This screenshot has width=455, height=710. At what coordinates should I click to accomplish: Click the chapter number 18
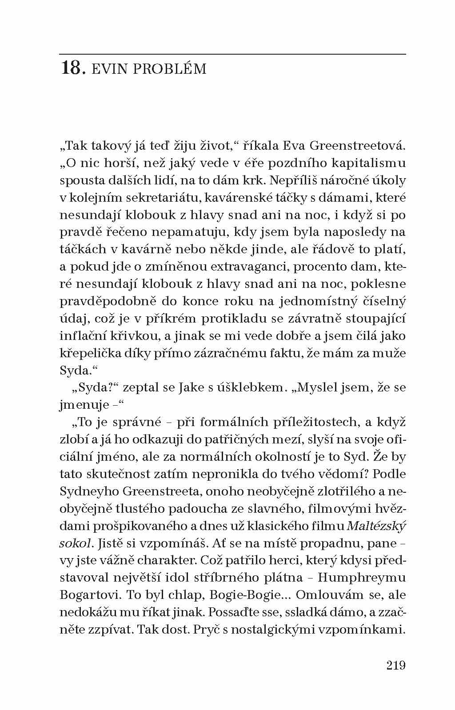(x=72, y=68)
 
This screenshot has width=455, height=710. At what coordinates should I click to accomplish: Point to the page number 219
(x=396, y=665)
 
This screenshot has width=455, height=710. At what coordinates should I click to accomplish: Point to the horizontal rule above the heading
(x=232, y=54)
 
